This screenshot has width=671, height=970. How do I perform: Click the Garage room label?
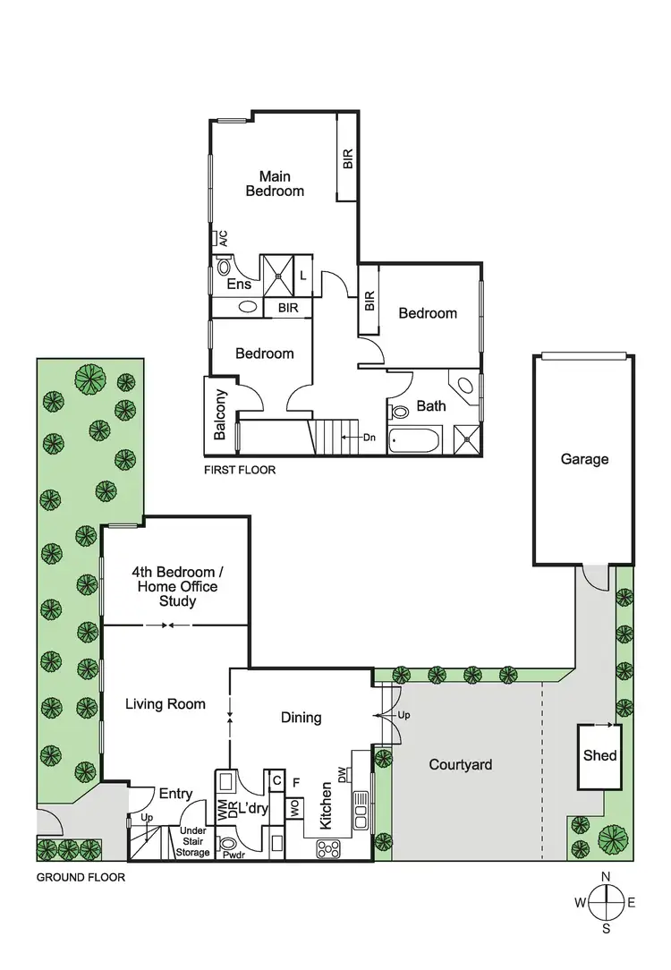584,459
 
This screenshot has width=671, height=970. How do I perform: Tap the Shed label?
599,755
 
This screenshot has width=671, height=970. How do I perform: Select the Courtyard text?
460,765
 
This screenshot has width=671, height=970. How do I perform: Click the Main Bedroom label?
275,183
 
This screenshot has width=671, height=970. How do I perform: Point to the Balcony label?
220,414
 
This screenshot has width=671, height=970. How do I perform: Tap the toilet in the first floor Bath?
400,412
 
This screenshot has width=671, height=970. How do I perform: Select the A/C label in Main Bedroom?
223,238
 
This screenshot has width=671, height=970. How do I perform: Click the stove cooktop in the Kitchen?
327,847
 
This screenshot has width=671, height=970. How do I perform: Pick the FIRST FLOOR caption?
240,470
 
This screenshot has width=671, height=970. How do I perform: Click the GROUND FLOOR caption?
81,878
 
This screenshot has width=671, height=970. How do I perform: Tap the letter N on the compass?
606,876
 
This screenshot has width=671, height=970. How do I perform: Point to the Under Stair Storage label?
192,840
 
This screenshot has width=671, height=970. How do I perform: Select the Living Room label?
165,704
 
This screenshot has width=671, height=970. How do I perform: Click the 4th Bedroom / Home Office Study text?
177,586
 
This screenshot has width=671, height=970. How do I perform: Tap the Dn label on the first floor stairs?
369,438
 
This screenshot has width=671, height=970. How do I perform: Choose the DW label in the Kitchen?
343,772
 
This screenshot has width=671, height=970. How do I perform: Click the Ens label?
238,285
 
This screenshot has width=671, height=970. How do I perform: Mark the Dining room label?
301,718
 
